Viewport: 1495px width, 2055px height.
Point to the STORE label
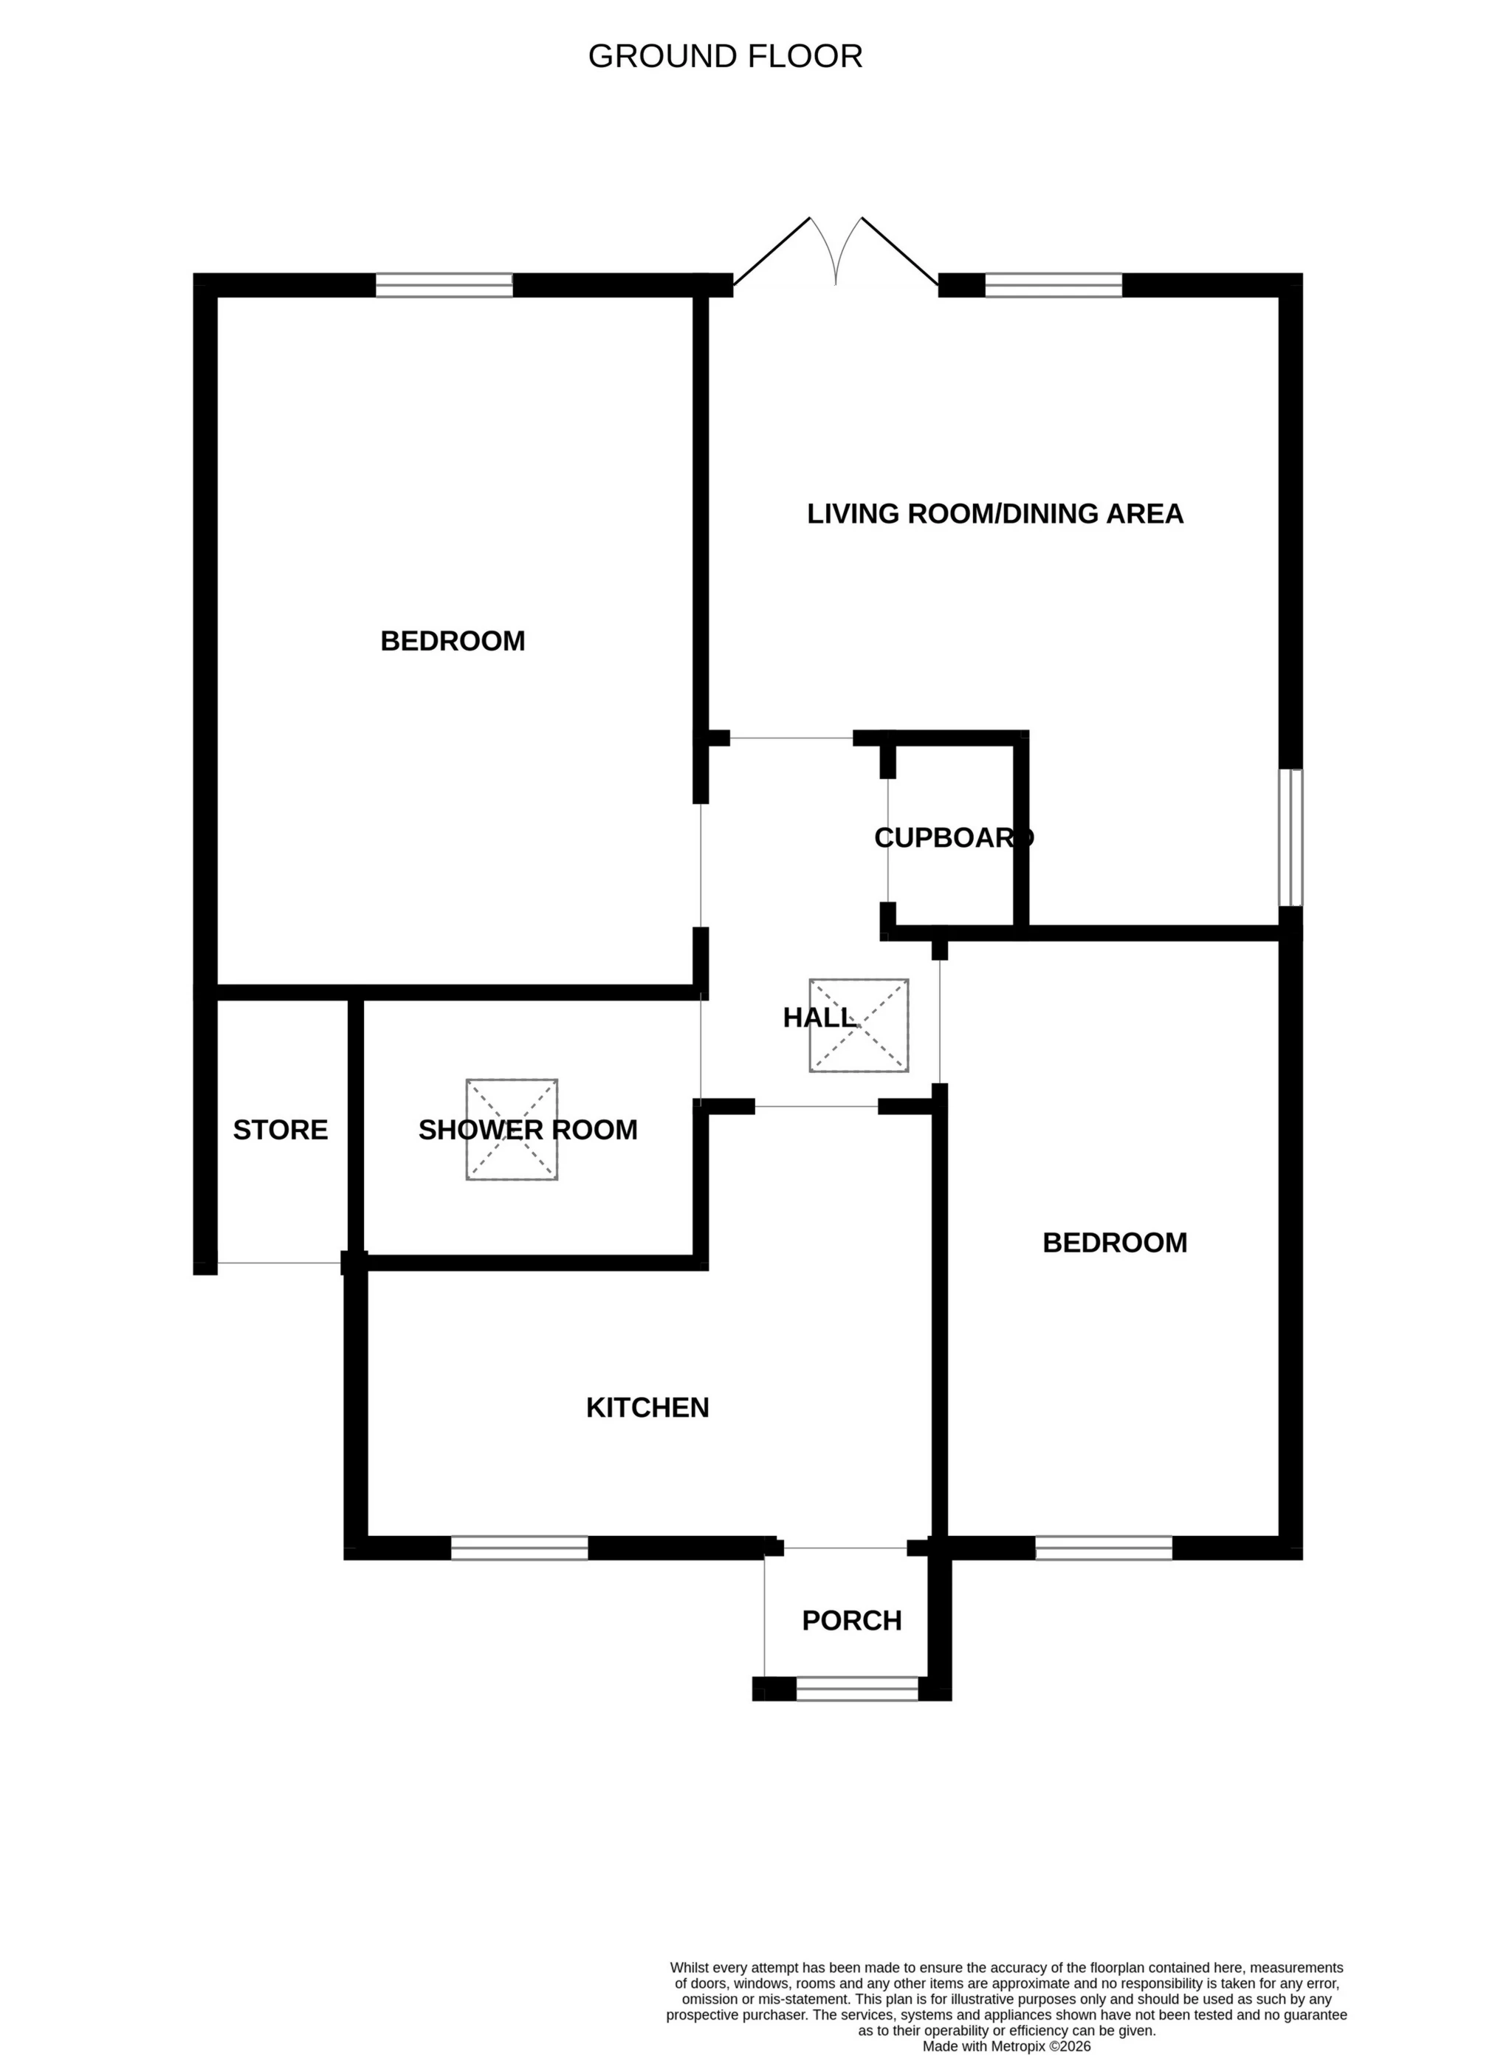tap(280, 1130)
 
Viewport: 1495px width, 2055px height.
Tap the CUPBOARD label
tap(953, 838)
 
